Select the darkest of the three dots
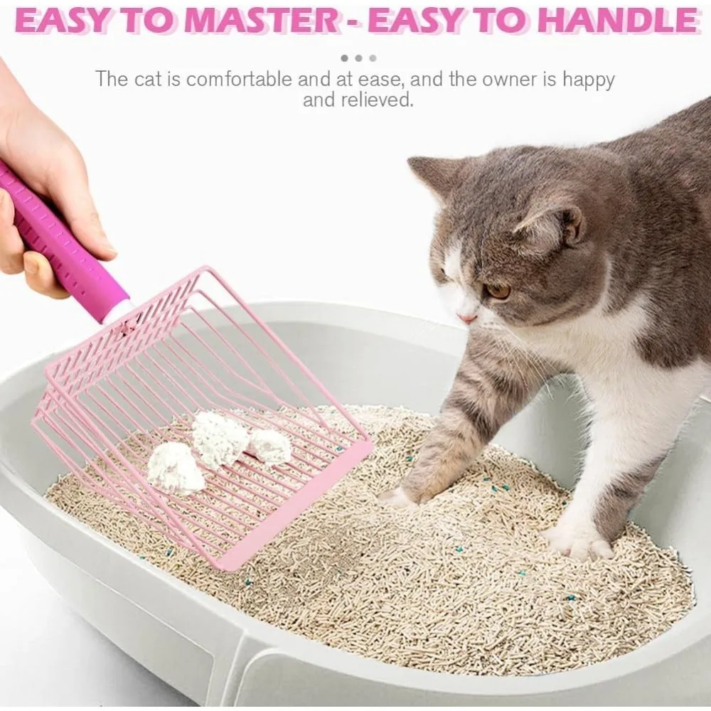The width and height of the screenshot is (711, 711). click(345, 58)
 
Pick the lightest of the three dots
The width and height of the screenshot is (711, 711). click(373, 58)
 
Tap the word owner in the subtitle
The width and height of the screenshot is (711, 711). click(510, 80)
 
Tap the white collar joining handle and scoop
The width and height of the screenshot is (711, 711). click(117, 312)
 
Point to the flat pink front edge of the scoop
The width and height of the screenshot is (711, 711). click(295, 503)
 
